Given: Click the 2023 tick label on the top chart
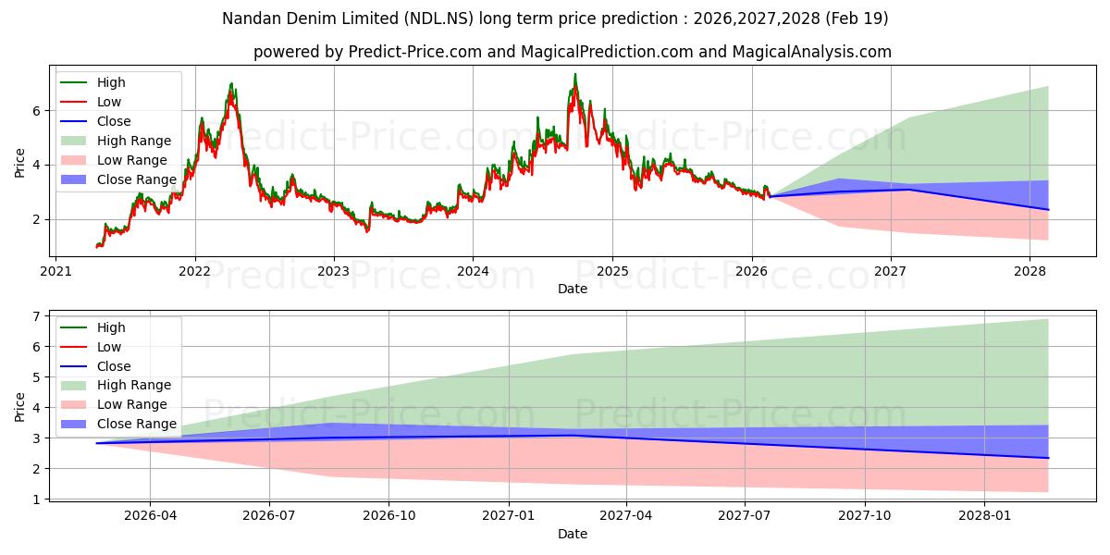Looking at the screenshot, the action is coord(334,272).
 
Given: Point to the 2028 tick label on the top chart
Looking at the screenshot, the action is coord(1030,272).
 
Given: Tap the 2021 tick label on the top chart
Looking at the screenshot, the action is coord(55,272).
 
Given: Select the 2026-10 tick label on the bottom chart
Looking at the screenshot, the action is coord(389,516).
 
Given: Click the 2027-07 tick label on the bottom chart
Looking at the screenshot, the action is coord(745,516).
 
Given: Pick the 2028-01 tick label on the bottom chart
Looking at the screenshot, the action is coord(984,516).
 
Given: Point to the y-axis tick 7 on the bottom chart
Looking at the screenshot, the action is coord(36,316).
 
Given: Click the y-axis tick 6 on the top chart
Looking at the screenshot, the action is coord(36,111).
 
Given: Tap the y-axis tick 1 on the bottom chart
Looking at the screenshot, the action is coord(36,499).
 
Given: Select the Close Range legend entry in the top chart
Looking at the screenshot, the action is coord(118,179).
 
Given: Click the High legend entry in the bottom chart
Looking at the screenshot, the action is coord(92,327).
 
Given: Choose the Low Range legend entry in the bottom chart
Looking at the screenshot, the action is coord(114,404).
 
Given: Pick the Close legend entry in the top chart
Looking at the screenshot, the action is coord(95,121).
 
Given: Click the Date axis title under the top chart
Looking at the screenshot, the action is coord(573,289).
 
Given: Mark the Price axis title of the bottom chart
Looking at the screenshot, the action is coord(19,407).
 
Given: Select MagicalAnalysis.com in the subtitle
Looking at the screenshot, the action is coord(811,52).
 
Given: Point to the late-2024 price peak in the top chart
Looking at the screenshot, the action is coord(575,74).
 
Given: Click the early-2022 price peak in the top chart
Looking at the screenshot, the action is coord(231,84).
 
